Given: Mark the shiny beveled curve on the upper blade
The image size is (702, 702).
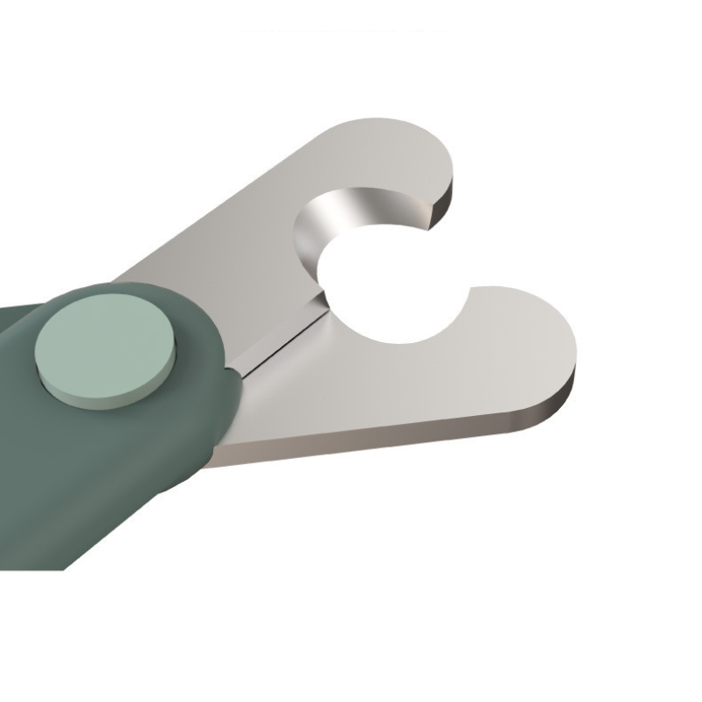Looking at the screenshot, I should point(329,219).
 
